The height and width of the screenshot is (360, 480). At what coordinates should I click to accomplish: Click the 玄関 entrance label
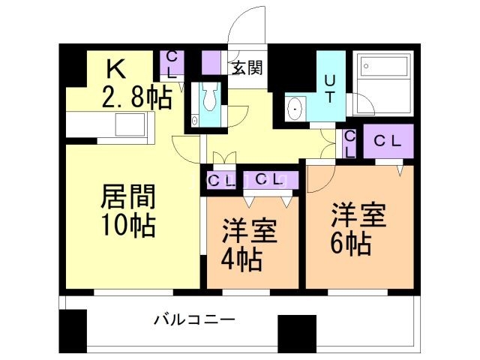247,68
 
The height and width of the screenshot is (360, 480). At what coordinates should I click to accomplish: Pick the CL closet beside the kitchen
172,66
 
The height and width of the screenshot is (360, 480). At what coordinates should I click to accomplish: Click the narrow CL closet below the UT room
349,144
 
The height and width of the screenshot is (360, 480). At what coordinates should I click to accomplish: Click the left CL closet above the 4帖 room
220,180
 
